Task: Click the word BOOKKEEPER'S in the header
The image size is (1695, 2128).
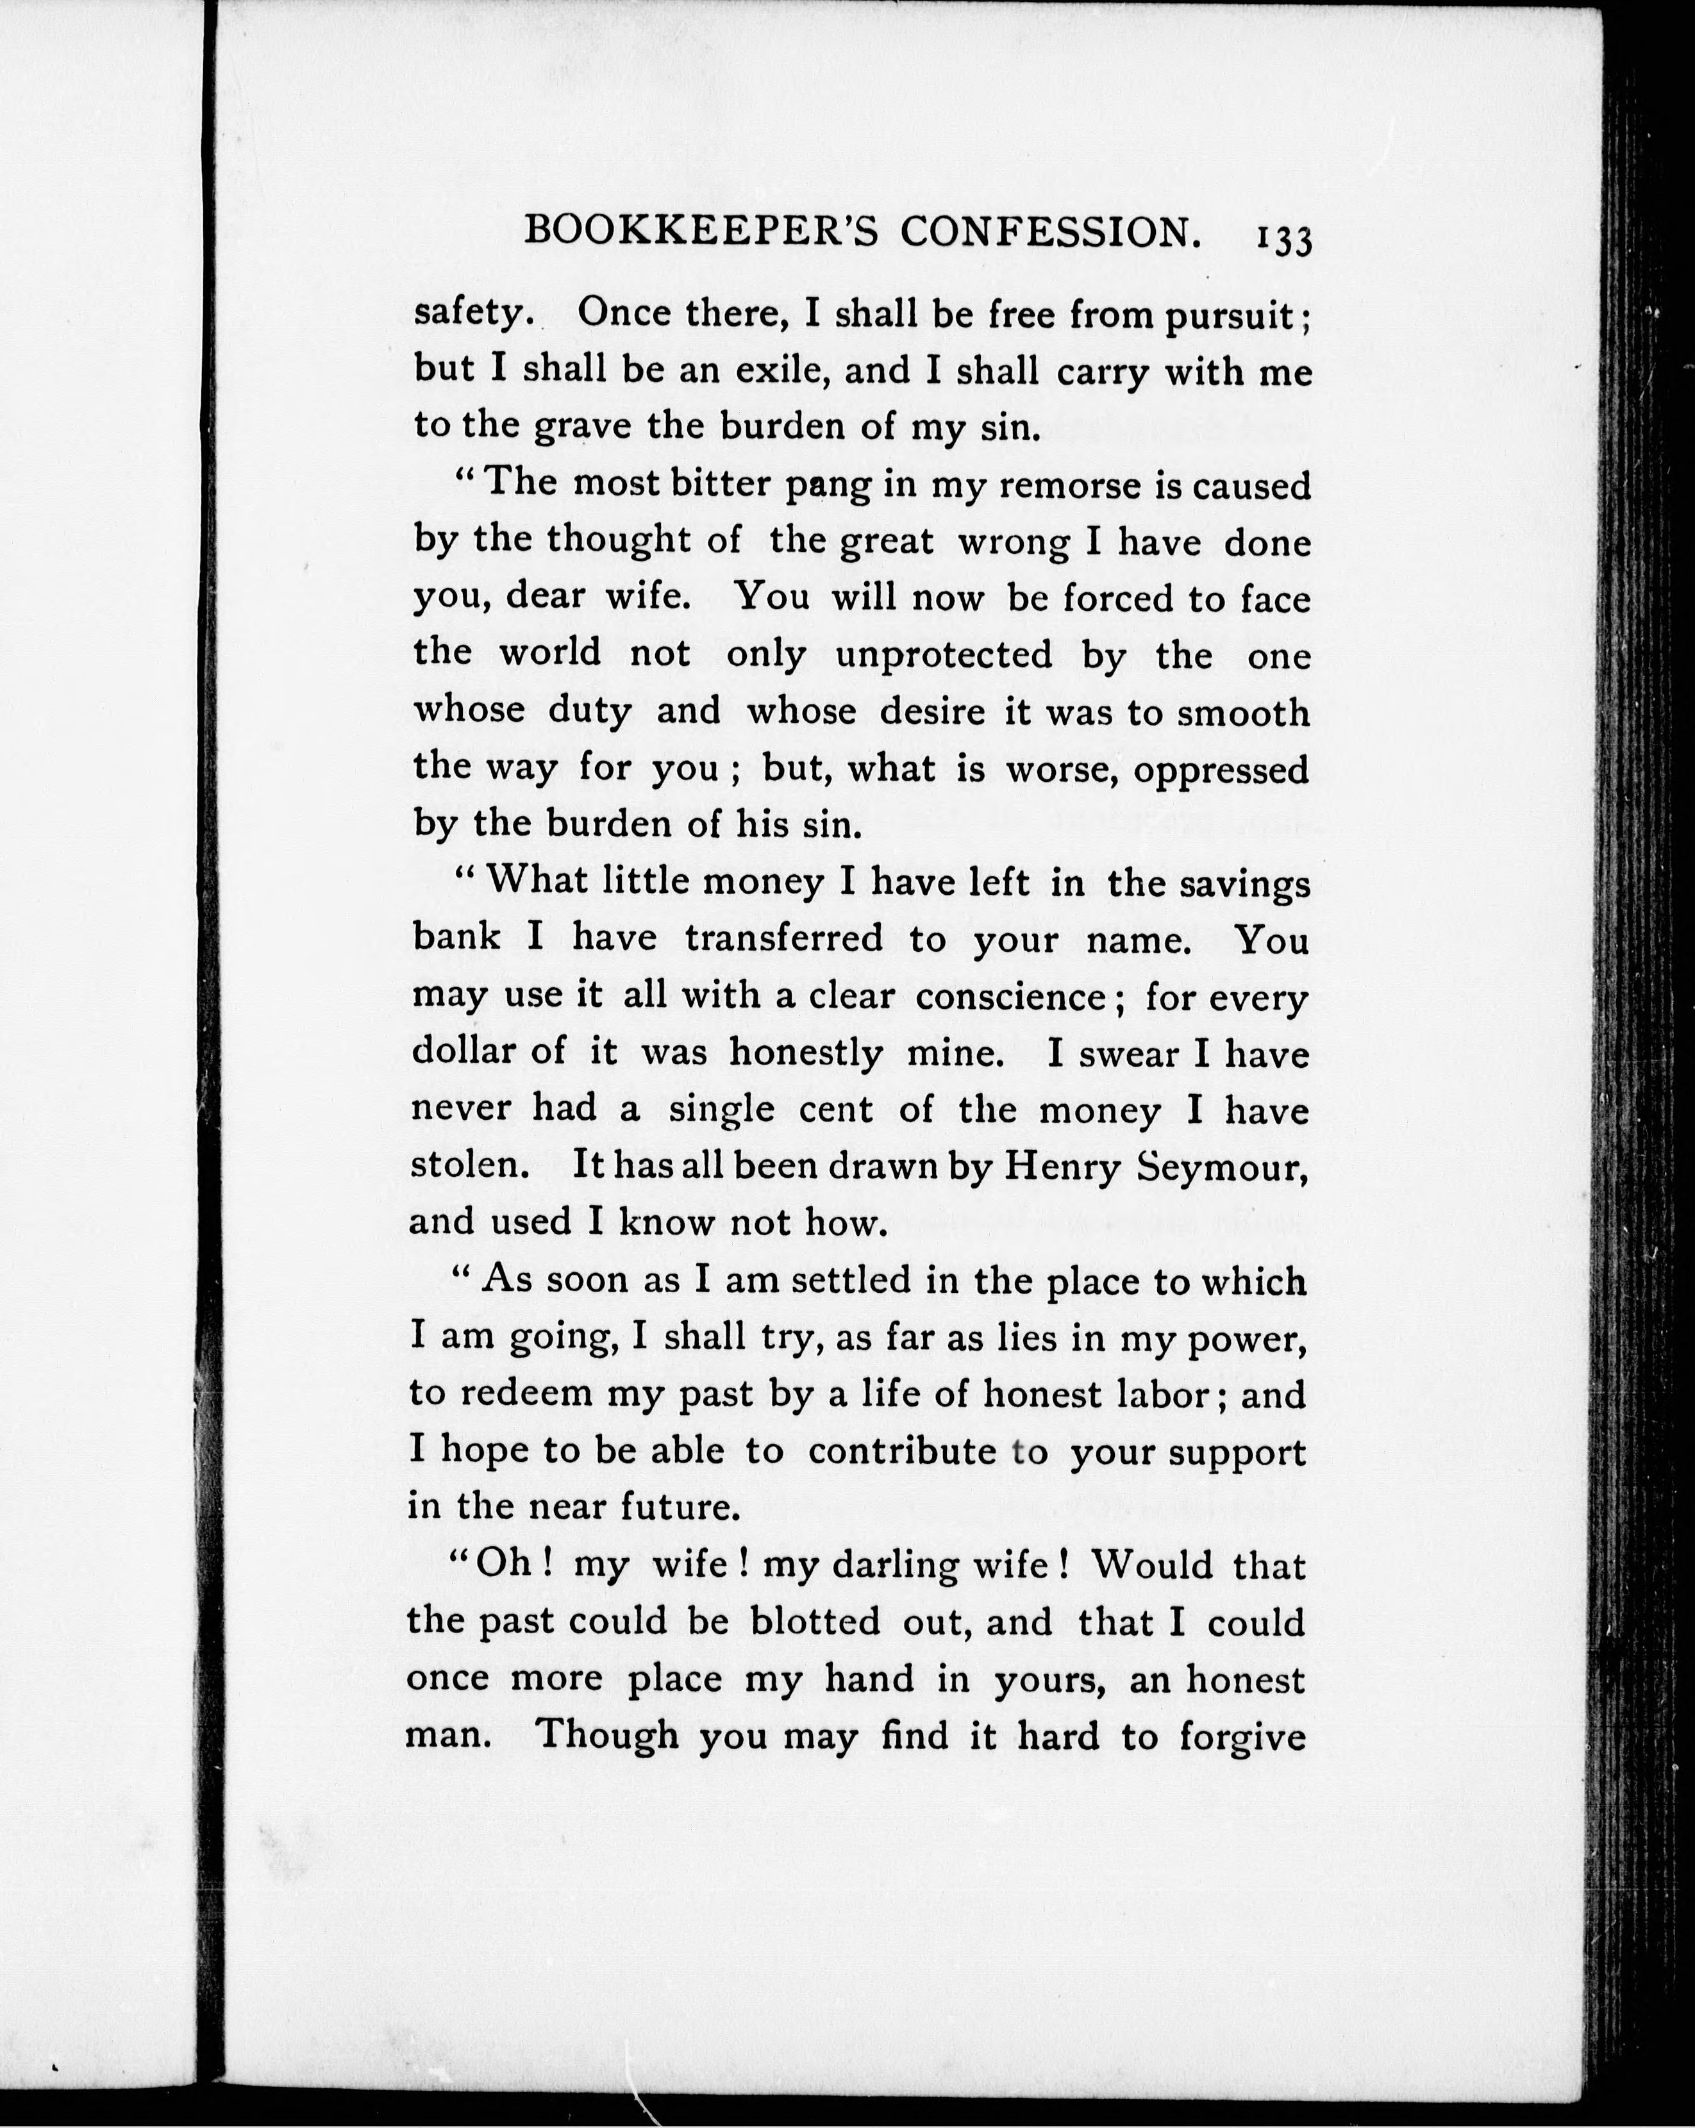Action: [x=701, y=232]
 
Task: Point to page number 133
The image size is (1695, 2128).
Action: [x=1283, y=240]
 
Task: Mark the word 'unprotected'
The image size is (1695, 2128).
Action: [x=944, y=655]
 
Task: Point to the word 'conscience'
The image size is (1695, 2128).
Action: [x=1010, y=997]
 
